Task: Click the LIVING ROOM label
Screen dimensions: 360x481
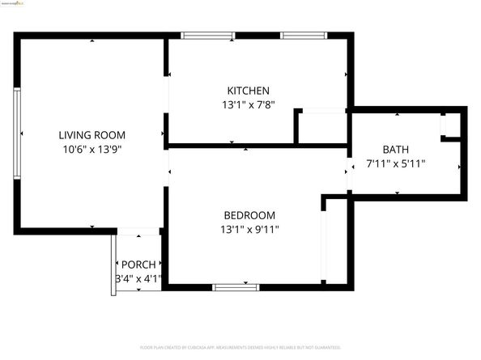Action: pyautogui.click(x=92, y=135)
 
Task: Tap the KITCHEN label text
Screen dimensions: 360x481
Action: pyautogui.click(x=248, y=91)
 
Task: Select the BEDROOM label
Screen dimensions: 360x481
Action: pyautogui.click(x=249, y=215)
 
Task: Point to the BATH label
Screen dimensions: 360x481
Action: pyautogui.click(x=396, y=150)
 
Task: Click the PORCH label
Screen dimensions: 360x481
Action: pyautogui.click(x=138, y=265)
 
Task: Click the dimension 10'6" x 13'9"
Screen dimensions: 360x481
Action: pyautogui.click(x=92, y=149)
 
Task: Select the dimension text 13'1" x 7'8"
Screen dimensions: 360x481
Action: pyautogui.click(x=248, y=104)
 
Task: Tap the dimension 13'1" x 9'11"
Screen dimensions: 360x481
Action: pyautogui.click(x=249, y=229)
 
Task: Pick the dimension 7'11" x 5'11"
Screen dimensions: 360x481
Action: pyautogui.click(x=396, y=163)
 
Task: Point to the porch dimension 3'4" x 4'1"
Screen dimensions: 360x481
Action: pyautogui.click(x=138, y=279)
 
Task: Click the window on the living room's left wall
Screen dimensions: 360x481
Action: pyautogui.click(x=16, y=134)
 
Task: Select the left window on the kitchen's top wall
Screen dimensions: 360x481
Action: pyautogui.click(x=207, y=36)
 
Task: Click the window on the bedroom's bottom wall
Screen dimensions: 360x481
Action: pyautogui.click(x=236, y=286)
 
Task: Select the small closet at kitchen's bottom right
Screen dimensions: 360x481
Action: pyautogui.click(x=321, y=128)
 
